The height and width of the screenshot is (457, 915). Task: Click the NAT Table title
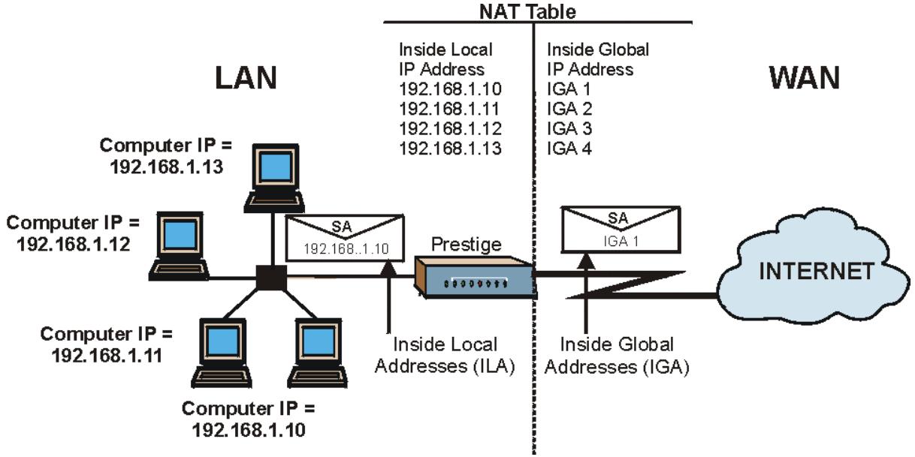tap(527, 11)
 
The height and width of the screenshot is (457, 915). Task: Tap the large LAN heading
tap(246, 77)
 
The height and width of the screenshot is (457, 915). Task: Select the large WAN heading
tap(805, 77)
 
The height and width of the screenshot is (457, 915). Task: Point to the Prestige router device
tap(474, 278)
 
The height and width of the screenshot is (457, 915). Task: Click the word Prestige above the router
tap(466, 245)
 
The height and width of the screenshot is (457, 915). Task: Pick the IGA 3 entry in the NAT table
tap(569, 128)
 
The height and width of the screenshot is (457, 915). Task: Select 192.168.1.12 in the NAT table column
tap(450, 128)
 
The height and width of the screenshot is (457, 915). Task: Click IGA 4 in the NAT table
tap(569, 148)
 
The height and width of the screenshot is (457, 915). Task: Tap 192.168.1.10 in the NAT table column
tap(450, 89)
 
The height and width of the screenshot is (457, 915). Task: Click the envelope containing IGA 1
tap(621, 230)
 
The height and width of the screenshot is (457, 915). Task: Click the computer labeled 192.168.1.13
tap(274, 178)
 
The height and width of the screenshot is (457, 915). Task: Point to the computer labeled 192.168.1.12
tap(179, 246)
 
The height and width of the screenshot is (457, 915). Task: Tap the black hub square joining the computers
tap(271, 278)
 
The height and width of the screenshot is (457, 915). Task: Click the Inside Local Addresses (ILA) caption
tap(445, 356)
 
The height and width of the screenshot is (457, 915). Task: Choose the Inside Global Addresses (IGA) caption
tap(617, 356)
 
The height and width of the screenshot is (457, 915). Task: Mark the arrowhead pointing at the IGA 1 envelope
tap(586, 261)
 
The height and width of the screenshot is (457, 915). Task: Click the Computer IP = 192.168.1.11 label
tap(107, 344)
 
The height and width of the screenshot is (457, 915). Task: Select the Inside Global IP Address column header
tap(598, 59)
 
